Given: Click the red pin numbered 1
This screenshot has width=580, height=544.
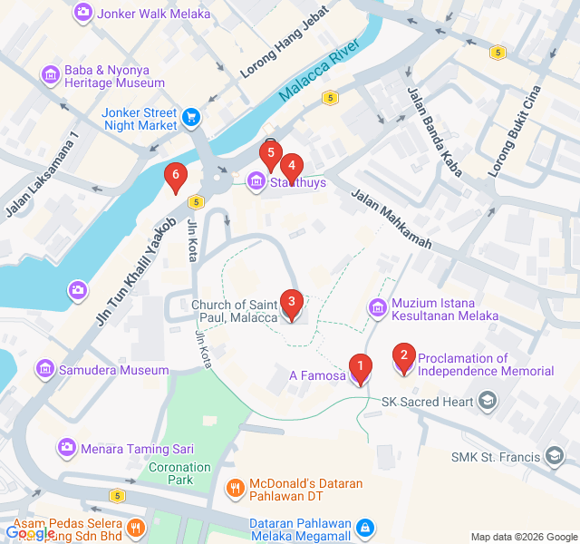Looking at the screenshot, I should (361, 368).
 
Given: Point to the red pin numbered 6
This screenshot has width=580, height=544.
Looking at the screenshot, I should (175, 175).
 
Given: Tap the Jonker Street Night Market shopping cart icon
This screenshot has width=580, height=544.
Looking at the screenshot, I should (191, 117).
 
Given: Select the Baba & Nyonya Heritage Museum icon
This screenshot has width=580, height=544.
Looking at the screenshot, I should (49, 74).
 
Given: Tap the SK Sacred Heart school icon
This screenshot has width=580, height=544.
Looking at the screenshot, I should (488, 401).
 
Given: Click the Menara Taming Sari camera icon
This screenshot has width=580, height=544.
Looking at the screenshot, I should (66, 447).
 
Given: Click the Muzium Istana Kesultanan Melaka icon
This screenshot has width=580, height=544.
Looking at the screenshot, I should (377, 309).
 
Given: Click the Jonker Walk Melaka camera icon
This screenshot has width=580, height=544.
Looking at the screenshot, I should (83, 14).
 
